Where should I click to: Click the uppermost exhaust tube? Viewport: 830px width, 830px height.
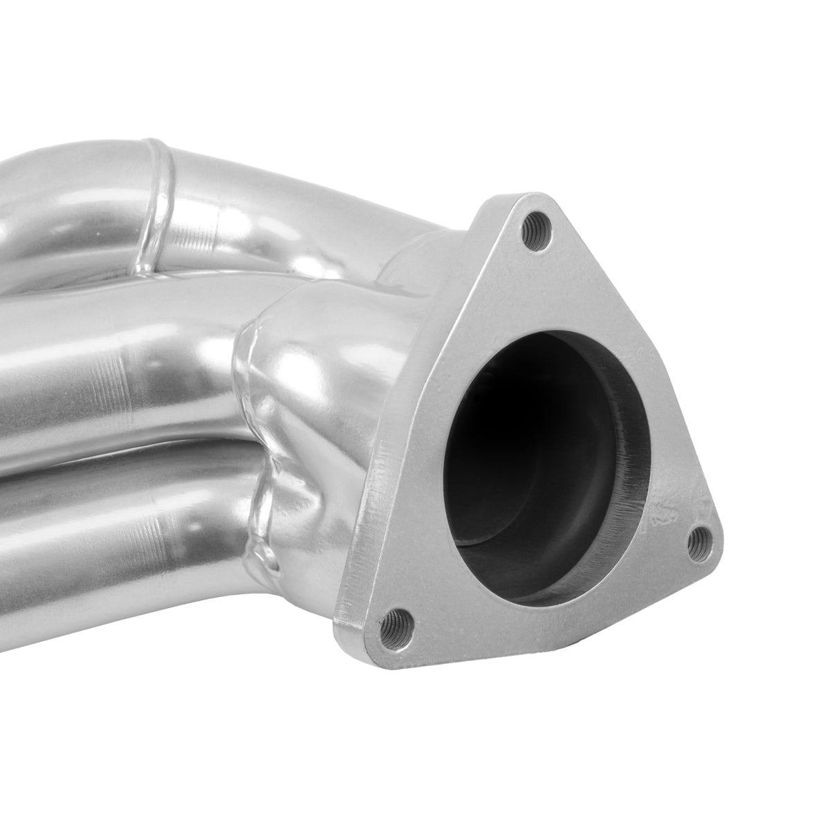point(83,187)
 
